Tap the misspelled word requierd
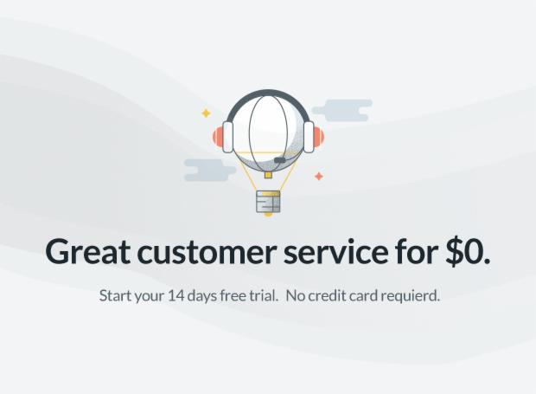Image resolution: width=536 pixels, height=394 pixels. pyautogui.click(x=408, y=296)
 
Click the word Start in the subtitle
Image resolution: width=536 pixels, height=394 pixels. pyautogui.click(x=116, y=295)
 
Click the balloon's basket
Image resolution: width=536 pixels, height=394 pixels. pyautogui.click(x=268, y=202)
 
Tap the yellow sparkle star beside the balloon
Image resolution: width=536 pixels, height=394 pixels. pyautogui.click(x=206, y=113)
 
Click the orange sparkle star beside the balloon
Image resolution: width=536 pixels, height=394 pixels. pyautogui.click(x=318, y=176)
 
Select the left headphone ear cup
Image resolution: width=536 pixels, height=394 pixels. pyautogui.click(x=222, y=136)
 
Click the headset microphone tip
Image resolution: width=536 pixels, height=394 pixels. pyautogui.click(x=279, y=160)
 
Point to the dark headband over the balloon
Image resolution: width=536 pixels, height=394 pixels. pyautogui.click(x=267, y=93)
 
